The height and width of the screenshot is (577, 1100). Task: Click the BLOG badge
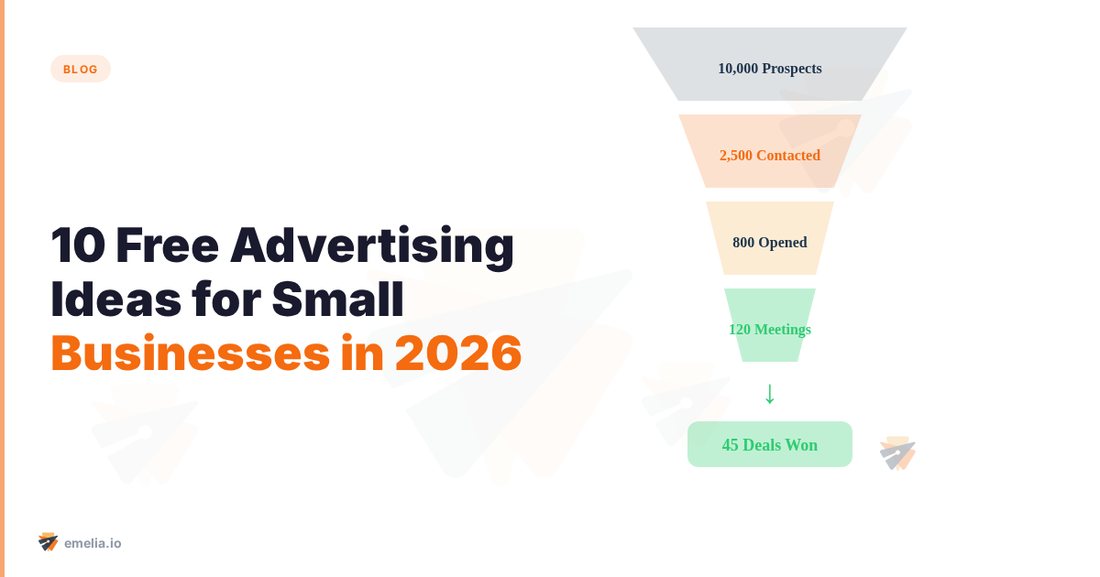[x=81, y=69]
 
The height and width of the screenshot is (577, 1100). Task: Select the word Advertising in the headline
[x=372, y=246]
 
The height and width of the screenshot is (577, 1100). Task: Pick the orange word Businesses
[x=190, y=353]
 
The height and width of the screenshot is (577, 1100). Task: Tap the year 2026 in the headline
[x=458, y=353]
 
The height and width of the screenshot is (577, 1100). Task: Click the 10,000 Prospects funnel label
[x=770, y=69]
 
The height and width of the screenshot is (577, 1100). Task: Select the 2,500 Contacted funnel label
[x=770, y=156]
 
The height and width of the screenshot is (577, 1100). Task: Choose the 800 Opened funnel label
[x=770, y=243]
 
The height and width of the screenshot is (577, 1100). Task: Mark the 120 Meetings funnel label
[x=770, y=330]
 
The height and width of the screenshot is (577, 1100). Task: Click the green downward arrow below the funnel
[x=770, y=393]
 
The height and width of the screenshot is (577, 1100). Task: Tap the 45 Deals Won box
[x=770, y=444]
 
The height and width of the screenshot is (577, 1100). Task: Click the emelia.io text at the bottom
[x=93, y=543]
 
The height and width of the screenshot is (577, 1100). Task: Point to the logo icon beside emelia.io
[x=49, y=542]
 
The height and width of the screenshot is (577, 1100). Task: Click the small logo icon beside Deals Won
[x=897, y=453]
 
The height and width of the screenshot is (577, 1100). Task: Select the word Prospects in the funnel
[x=792, y=69]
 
